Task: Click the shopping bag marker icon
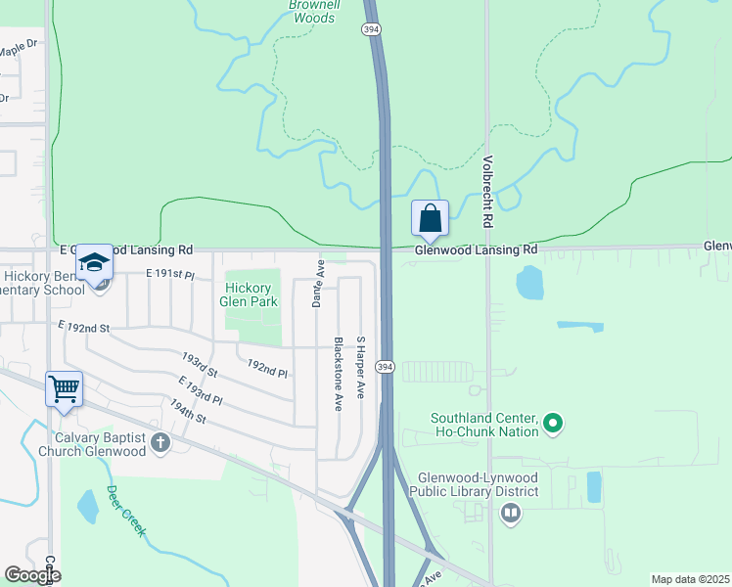tap(431, 217)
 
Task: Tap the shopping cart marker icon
tap(65, 388)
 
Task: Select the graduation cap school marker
tap(95, 262)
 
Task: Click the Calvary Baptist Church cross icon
tap(161, 444)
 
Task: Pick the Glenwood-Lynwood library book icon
tap(510, 513)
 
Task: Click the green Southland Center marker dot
tap(553, 424)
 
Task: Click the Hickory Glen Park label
tap(252, 294)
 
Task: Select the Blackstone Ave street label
tap(339, 374)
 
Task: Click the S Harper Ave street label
tap(360, 368)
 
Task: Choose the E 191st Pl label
tap(170, 275)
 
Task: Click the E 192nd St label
tap(82, 326)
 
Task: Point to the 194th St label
tap(187, 411)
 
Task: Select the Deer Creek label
tap(126, 511)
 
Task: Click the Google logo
tap(31, 575)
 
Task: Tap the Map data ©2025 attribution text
tap(690, 579)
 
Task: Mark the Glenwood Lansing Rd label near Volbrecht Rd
tap(476, 250)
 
